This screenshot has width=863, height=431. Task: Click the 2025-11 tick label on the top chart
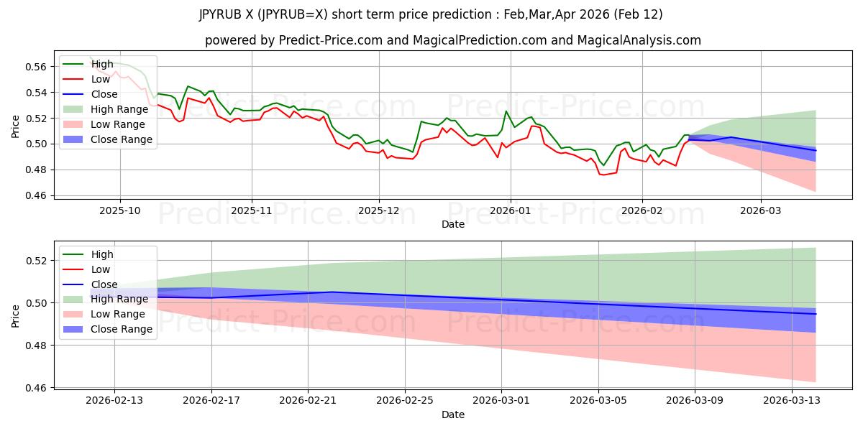click(252, 210)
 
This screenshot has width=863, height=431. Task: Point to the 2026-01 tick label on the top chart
click(511, 210)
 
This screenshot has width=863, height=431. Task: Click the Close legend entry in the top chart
click(105, 94)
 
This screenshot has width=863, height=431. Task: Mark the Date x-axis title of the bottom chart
click(453, 414)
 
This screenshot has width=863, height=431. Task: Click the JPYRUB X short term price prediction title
click(431, 14)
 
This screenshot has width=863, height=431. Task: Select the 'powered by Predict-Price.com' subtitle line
click(453, 40)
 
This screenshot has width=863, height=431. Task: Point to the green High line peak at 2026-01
click(506, 111)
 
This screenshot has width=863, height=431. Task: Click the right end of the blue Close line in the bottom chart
click(816, 314)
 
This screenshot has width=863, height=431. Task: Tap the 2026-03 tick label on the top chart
click(761, 210)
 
